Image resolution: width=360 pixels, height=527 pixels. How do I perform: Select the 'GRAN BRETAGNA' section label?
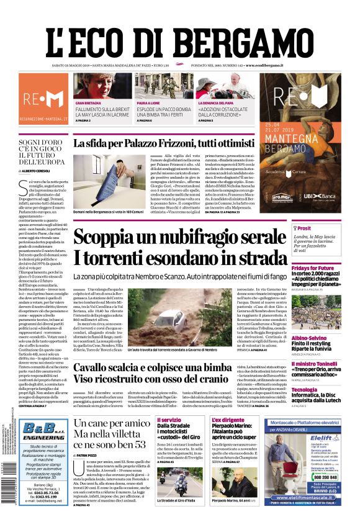[x=89, y=102]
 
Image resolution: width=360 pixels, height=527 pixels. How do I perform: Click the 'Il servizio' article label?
[x=168, y=421]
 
